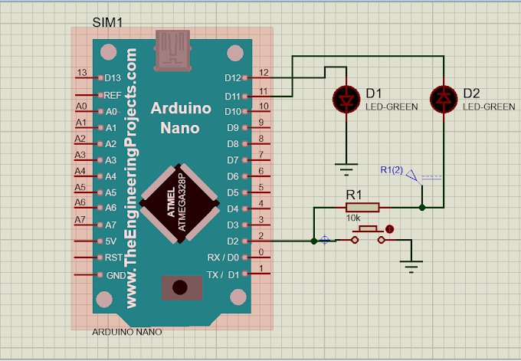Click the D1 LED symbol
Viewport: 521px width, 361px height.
click(346, 97)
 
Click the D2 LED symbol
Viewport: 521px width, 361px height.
click(443, 97)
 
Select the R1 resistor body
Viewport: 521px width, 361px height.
click(362, 207)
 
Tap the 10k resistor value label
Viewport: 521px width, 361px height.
click(354, 218)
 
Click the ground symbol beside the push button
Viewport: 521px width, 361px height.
click(412, 265)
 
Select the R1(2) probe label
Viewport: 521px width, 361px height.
click(392, 169)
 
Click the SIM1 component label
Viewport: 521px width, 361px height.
click(107, 21)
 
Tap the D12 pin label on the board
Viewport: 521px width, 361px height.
click(232, 77)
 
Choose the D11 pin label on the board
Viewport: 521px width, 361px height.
click(232, 96)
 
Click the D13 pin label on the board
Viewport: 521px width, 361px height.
click(113, 77)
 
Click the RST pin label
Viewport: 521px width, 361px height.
click(113, 258)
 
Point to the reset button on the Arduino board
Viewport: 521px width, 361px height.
click(181, 287)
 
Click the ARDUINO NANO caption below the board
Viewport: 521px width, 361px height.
click(126, 332)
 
